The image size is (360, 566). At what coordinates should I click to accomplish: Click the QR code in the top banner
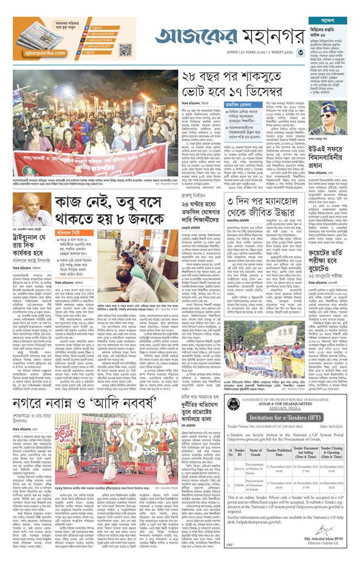point(125,50)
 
